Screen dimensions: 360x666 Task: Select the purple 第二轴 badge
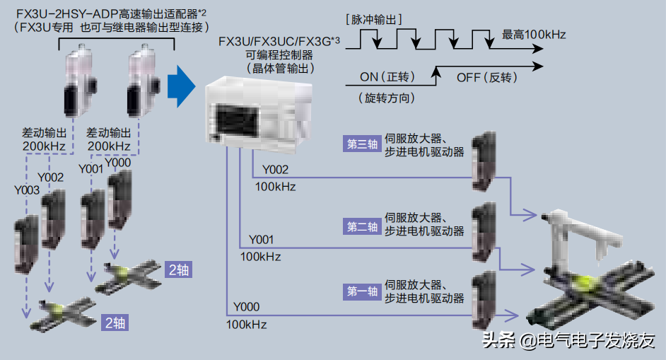(361, 227)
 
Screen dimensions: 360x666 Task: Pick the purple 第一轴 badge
(361, 291)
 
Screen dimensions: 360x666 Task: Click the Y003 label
(27, 190)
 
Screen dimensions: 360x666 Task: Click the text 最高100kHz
(534, 34)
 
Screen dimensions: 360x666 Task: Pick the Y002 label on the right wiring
(275, 170)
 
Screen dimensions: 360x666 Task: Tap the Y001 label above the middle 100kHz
(261, 240)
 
